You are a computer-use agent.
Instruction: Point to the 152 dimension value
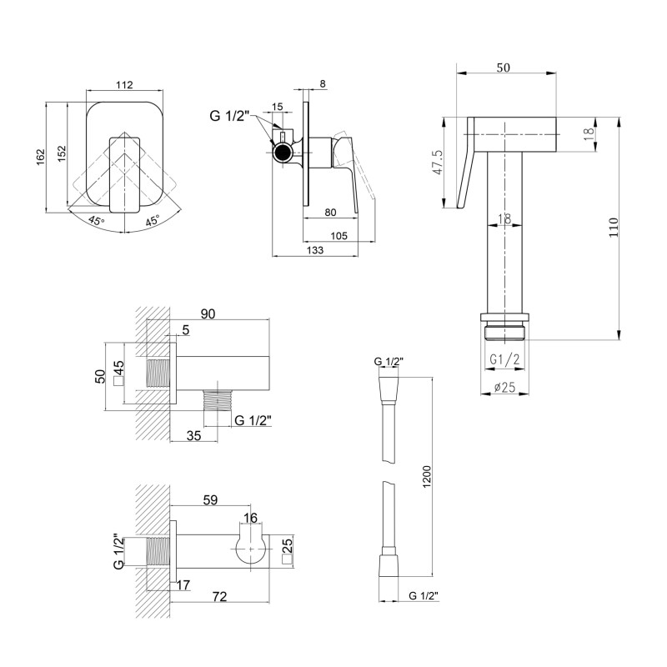[x=60, y=156]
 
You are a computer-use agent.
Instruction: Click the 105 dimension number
[x=339, y=236]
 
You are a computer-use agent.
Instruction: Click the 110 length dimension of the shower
[x=613, y=228]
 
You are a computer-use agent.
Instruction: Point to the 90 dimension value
[x=208, y=313]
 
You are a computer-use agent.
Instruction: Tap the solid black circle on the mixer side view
[x=285, y=152]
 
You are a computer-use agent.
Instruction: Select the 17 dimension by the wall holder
[x=183, y=584]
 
